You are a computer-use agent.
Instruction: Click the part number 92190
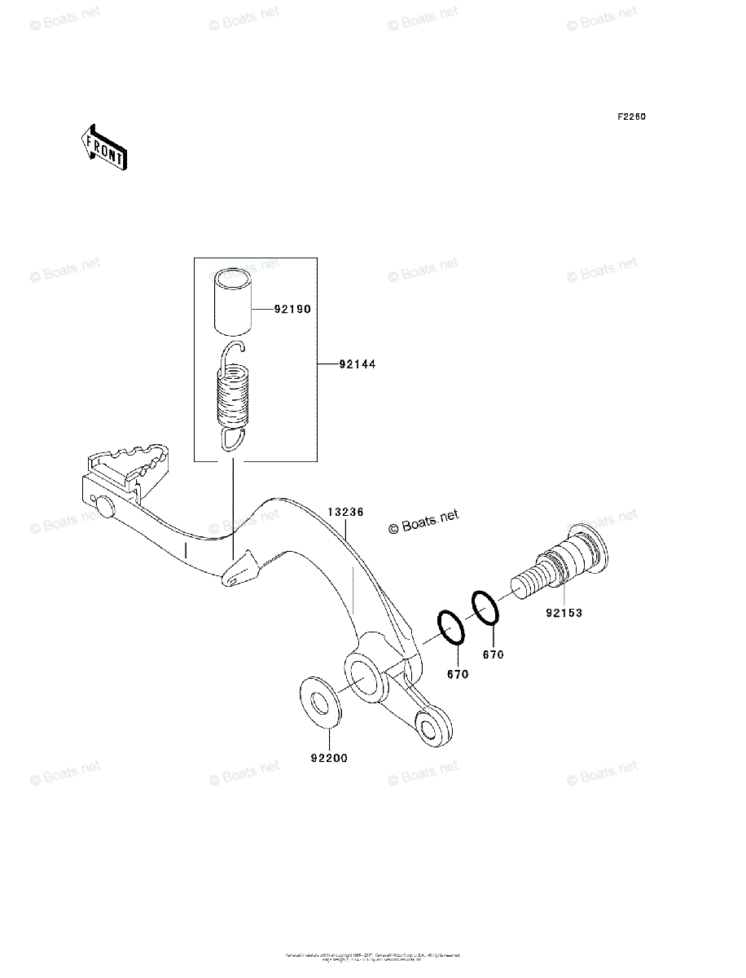pyautogui.click(x=292, y=310)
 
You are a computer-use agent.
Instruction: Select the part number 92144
pyautogui.click(x=358, y=364)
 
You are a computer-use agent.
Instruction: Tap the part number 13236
pyautogui.click(x=345, y=513)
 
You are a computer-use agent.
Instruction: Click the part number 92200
pyautogui.click(x=329, y=758)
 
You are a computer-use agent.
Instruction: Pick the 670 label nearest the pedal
pyautogui.click(x=458, y=675)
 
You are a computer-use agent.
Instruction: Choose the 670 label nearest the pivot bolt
pyautogui.click(x=494, y=654)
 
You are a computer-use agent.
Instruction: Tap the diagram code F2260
pyautogui.click(x=630, y=117)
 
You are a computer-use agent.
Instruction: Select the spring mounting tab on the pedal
pyautogui.click(x=241, y=570)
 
